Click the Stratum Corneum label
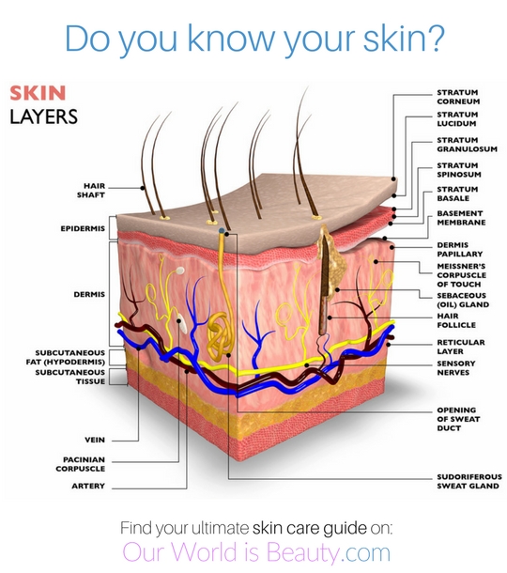(458, 97)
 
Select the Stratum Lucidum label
(457, 119)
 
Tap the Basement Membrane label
(461, 218)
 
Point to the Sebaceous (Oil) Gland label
(463, 300)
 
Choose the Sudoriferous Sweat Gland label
(469, 481)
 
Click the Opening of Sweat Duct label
(458, 419)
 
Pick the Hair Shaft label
(91, 191)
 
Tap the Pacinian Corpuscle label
(81, 464)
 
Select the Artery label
(88, 486)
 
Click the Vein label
(95, 440)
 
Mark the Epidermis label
(83, 228)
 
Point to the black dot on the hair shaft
(143, 188)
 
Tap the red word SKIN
(38, 93)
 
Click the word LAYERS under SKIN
(43, 116)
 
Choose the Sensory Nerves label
(456, 368)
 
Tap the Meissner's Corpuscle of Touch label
(461, 275)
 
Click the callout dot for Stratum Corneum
(393, 179)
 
